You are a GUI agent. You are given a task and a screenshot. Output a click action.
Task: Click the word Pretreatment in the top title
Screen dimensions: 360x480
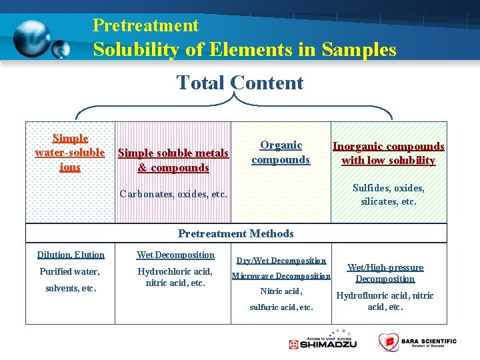[145, 25]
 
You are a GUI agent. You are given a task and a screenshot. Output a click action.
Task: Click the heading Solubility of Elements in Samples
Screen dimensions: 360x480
[245, 49]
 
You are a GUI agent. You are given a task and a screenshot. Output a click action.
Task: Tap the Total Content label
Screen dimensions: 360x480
[239, 83]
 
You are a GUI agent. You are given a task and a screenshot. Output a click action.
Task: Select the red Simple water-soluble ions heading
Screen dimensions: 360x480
[70, 153]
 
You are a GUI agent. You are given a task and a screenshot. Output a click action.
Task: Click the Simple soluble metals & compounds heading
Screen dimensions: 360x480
[173, 161]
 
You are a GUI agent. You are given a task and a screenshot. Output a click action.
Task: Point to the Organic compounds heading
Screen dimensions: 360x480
[281, 153]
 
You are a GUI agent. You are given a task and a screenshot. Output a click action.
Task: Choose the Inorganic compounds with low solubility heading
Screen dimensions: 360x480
[388, 153]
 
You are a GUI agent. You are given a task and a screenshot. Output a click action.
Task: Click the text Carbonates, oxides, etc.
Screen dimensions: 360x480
[173, 195]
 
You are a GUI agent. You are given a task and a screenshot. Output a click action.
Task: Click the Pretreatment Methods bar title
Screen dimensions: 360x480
[235, 233]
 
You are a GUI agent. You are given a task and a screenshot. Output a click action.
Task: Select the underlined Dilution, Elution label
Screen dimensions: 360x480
[71, 255]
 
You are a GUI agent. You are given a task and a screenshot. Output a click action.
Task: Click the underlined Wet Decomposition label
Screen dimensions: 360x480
[175, 255]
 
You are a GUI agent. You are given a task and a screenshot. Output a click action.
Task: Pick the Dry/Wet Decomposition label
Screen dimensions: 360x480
[281, 261]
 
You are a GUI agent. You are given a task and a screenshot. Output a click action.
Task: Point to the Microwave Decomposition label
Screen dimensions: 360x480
[281, 276]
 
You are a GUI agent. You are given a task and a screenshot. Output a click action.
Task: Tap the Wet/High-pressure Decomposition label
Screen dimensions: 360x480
[385, 273]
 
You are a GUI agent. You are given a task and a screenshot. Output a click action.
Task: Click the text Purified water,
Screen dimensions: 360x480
[69, 272]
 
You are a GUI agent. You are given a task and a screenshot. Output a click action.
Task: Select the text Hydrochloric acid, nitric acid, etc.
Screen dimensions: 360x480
[175, 277]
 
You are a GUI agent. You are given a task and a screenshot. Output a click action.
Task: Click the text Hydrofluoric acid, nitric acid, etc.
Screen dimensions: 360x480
[385, 301]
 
